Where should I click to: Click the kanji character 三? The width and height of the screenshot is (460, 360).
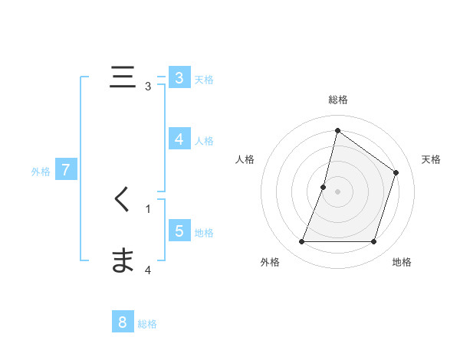point(123,77)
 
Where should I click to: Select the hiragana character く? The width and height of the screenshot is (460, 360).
point(122,201)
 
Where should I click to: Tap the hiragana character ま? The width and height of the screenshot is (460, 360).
point(123,261)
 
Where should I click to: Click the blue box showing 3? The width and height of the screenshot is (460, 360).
point(179,78)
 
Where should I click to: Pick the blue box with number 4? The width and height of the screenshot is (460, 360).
point(179,139)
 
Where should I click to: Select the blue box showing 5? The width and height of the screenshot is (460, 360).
point(179,231)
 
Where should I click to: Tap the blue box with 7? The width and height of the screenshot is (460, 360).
point(66,170)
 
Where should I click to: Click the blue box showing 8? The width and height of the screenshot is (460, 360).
point(123,322)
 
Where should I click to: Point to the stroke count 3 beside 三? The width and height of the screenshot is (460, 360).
point(148,86)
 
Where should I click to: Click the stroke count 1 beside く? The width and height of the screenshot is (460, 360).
point(148,208)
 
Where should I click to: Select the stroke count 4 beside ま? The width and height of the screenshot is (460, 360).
point(148,270)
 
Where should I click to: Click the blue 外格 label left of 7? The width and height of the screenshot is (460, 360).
point(41,172)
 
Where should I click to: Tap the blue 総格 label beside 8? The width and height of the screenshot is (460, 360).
point(147,324)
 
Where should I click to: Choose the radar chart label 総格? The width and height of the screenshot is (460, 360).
point(338,100)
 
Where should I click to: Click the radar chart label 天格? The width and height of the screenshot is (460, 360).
point(431,159)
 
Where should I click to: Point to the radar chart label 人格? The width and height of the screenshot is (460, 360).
point(245,159)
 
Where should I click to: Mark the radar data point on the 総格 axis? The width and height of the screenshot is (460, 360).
point(337,130)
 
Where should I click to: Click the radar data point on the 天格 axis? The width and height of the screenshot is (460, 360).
point(396,172)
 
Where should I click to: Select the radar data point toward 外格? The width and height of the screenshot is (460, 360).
point(301,242)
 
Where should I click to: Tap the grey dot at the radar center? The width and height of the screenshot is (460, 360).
point(337,191)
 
